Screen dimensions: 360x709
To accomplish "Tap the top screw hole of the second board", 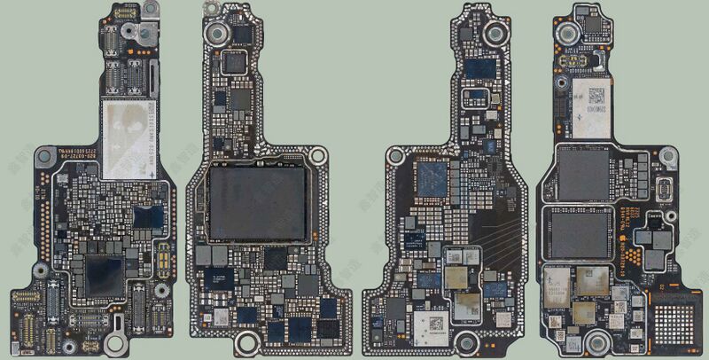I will point(214,35).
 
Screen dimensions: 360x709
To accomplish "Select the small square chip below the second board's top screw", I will point(234,62).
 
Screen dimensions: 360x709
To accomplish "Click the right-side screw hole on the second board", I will point(317,156).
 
